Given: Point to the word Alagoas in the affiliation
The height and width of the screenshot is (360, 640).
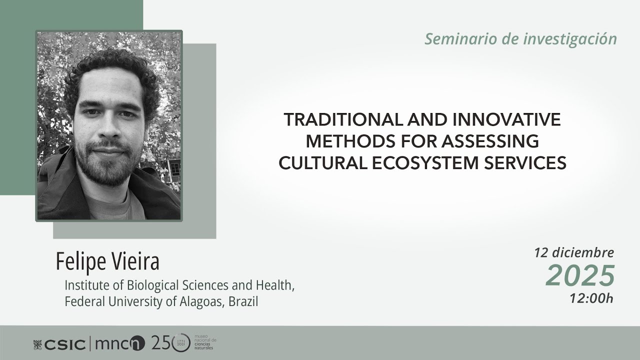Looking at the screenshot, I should tap(199, 302).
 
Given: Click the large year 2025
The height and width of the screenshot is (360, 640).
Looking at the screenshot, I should tap(580, 275).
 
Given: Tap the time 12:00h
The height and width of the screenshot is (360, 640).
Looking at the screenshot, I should tap(591, 298).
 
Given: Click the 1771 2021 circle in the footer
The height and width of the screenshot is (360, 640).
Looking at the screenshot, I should tap(181, 343).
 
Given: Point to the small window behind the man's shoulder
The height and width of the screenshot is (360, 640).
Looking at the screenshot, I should tap(174, 167).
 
